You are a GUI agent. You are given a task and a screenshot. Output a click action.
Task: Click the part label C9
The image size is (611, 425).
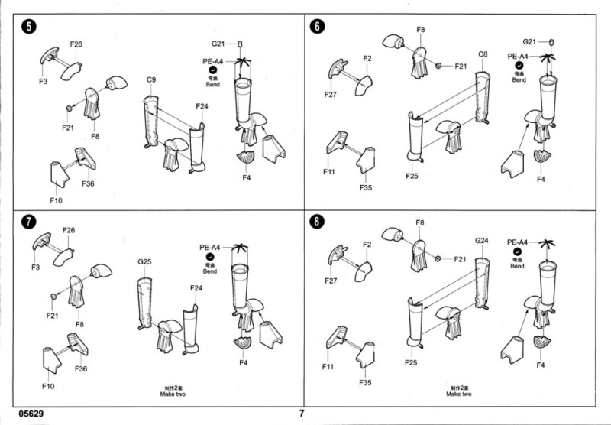pos(151,80)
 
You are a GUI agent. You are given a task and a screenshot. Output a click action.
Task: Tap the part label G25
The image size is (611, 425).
pos(145,262)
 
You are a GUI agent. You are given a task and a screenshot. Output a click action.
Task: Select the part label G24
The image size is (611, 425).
pos(481,242)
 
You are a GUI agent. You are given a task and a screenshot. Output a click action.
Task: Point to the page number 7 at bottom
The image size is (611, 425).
pos(302,414)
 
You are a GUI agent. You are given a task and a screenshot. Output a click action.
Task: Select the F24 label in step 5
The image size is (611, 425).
pos(202,105)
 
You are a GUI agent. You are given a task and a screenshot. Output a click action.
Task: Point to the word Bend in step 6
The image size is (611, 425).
pos(519,79)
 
